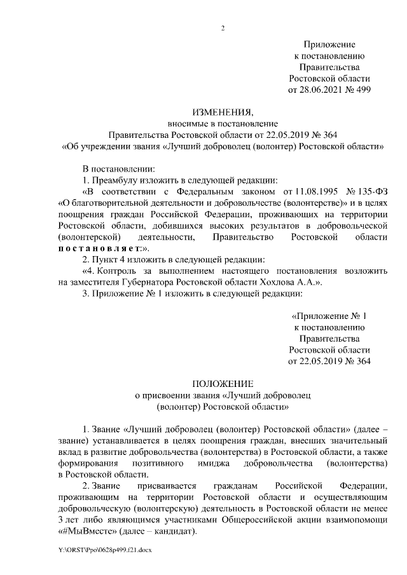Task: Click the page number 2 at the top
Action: coord(223,27)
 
